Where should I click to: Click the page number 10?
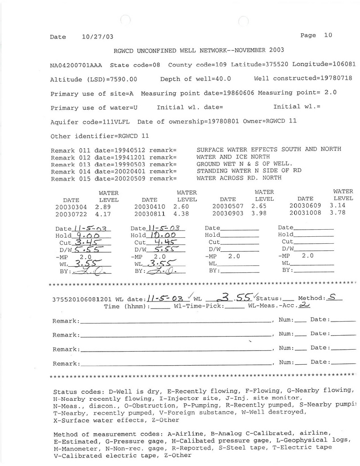point(328,35)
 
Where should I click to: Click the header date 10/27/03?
point(97,37)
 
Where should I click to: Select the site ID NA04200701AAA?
point(77,65)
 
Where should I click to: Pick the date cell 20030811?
point(150,214)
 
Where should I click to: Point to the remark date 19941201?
point(126,156)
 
